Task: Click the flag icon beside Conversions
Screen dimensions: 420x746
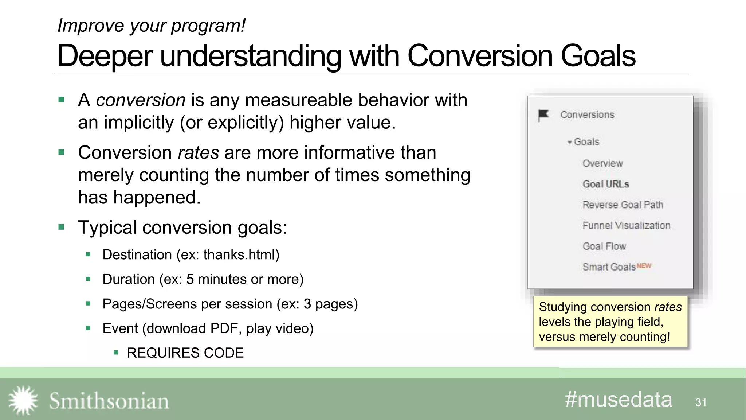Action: [543, 115]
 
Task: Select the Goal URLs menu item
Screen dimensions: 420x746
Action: [606, 184]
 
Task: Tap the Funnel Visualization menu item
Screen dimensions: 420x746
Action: [626, 226]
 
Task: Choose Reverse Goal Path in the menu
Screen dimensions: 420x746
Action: [623, 205]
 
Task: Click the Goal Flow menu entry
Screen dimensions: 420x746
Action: [604, 246]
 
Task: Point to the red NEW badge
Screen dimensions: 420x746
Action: [644, 266]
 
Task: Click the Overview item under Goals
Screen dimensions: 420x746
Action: [602, 163]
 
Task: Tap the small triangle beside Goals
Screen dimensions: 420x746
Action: [569, 142]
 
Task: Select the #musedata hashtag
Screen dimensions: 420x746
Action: [618, 400]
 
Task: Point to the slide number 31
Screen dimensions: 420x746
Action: [701, 402]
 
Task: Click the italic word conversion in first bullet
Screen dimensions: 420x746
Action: [141, 100]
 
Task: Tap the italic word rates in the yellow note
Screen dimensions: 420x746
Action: [668, 307]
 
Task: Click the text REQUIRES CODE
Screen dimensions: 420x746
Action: [185, 353]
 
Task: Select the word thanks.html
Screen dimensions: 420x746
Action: [239, 255]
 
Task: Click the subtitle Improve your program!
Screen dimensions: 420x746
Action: [152, 26]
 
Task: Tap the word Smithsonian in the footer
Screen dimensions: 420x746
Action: [109, 401]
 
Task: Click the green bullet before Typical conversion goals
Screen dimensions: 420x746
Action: [61, 227]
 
